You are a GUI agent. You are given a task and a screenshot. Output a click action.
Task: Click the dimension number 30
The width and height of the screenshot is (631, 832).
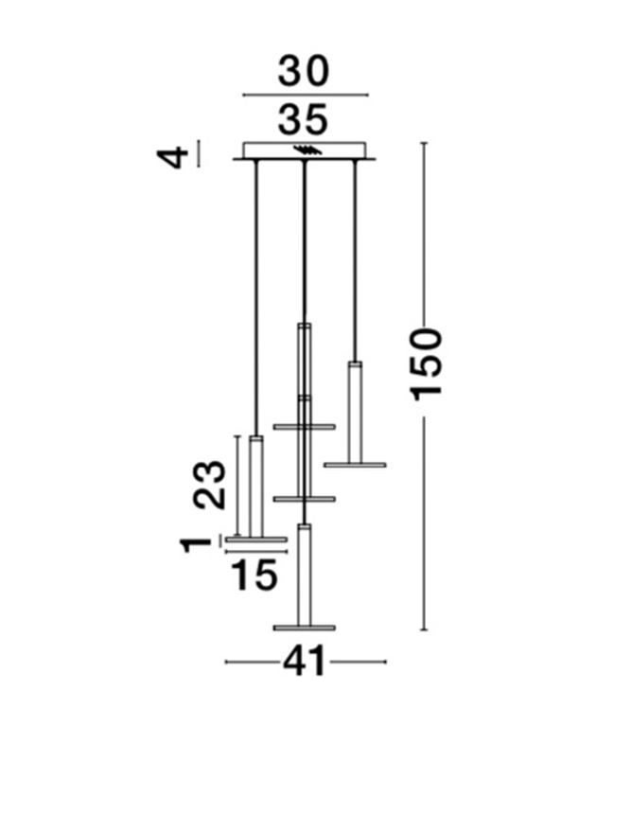(x=304, y=72)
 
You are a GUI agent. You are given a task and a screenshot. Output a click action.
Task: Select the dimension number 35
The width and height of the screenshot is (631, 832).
(x=304, y=120)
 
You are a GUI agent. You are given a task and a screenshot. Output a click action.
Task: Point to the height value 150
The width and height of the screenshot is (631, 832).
(x=428, y=363)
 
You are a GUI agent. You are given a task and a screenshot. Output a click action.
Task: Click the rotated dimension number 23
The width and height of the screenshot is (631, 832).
(x=211, y=485)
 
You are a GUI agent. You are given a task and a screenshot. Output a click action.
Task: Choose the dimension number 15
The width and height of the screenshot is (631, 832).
(x=254, y=575)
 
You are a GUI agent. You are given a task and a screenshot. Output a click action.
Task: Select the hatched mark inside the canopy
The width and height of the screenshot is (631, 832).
(x=307, y=150)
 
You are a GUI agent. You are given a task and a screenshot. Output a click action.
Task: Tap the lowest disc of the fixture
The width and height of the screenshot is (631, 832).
(x=304, y=627)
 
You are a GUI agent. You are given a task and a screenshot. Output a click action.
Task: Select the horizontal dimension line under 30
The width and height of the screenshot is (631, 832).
(x=305, y=96)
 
